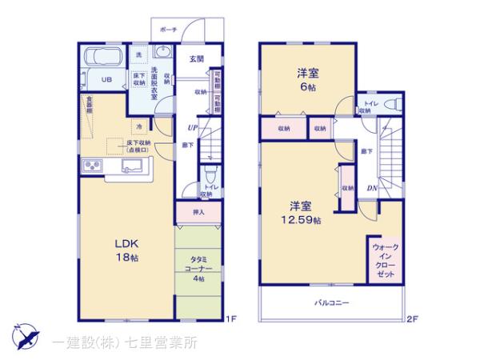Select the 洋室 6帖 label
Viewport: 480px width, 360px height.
point(307,80)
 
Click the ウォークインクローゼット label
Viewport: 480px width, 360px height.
point(385,260)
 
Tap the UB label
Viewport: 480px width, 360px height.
point(105,78)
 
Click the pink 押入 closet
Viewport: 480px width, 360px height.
point(199,212)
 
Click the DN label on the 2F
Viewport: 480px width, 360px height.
point(372,188)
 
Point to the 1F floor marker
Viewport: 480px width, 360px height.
point(230,320)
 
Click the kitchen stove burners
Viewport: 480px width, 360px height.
point(91,166)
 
